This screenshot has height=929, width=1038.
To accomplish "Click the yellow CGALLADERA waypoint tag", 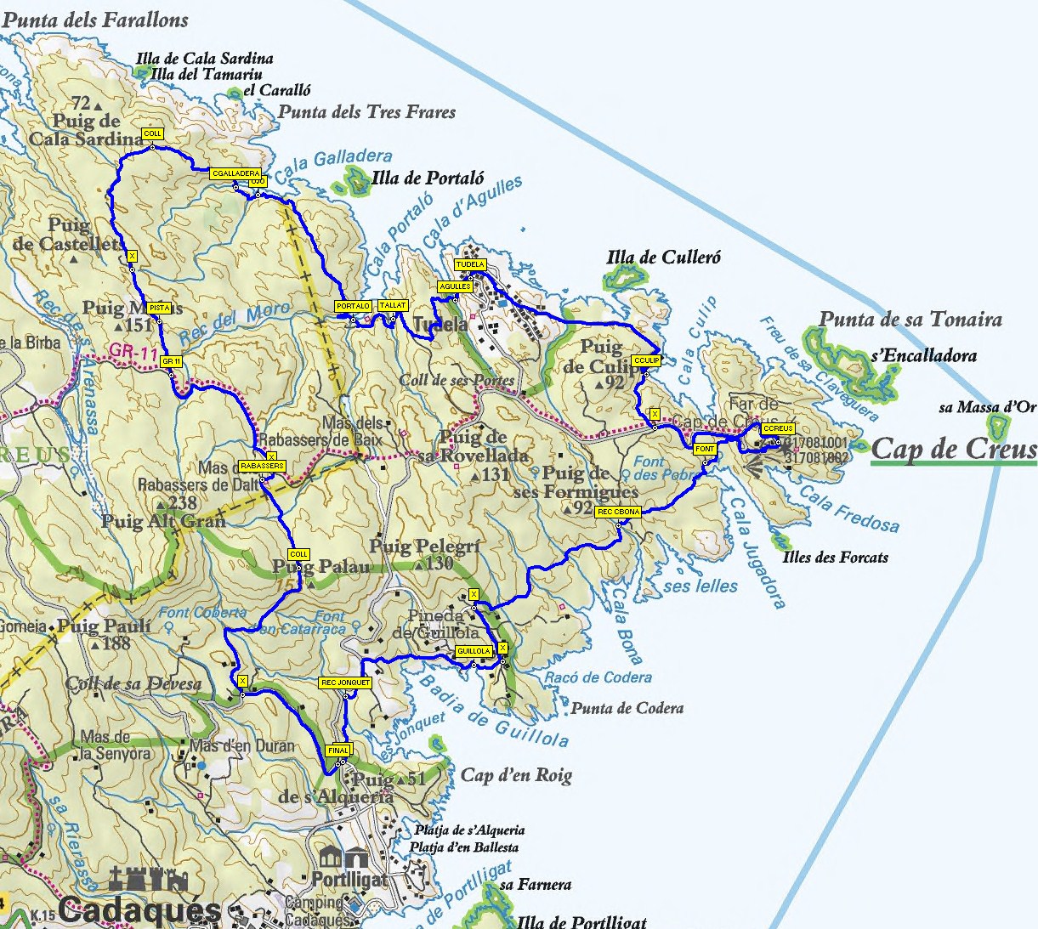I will tap(235, 173).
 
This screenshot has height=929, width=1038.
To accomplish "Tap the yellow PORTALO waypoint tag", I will tap(353, 306).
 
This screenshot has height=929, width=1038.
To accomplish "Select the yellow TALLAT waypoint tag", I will tap(393, 305).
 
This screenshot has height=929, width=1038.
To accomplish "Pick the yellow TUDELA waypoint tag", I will tap(470, 264).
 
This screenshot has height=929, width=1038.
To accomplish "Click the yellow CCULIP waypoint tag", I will tap(646, 360).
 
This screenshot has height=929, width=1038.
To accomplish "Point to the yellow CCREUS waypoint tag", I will tap(778, 428).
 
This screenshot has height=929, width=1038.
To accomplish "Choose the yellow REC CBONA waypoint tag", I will tap(618, 512).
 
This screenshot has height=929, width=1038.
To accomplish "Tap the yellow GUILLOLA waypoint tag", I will tap(474, 651).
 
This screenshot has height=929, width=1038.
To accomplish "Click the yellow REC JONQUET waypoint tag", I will tap(345, 683).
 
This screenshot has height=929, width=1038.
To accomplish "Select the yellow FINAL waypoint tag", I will tap(338, 751).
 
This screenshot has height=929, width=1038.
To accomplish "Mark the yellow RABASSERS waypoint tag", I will tap(262, 466).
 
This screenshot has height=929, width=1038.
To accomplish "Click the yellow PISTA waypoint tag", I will tap(159, 308).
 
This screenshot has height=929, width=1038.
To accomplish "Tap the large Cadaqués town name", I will tap(140, 911).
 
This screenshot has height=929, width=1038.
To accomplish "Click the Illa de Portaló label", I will tap(428, 178).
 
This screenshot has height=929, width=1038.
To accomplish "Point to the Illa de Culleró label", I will tap(663, 257).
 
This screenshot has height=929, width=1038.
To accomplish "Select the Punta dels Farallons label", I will tap(95, 19).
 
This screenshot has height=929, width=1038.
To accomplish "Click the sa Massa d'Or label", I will tap(987, 407).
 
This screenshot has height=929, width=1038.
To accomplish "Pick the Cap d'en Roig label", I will tap(516, 775).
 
